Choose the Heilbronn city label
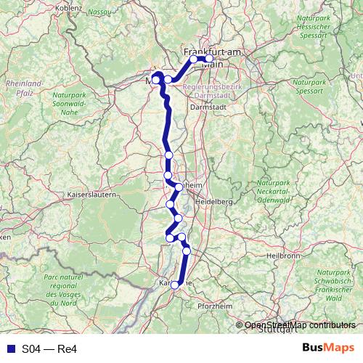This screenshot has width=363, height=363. tap(283, 256)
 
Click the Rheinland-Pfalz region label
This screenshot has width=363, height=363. tap(24, 88)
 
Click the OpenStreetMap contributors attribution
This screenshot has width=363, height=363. tap(300, 325)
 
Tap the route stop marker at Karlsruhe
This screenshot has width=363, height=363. tap(174, 285)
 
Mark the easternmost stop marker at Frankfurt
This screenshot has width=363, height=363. tap(209, 59)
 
